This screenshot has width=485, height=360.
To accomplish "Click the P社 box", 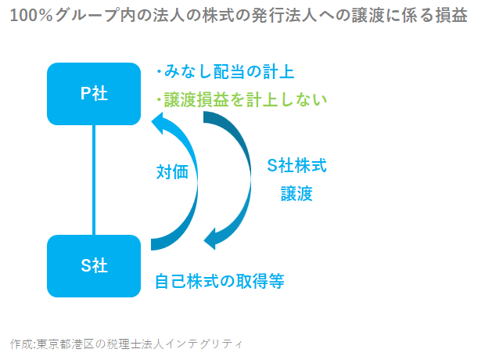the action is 94,94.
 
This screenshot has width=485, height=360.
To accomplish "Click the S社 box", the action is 94,266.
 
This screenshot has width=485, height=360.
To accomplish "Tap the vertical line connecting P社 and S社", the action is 94,180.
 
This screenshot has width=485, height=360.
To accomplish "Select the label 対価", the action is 172,172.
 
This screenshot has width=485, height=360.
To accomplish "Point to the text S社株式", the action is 296,165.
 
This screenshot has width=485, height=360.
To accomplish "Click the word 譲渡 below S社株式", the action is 296,194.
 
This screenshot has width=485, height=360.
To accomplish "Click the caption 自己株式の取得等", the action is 220,281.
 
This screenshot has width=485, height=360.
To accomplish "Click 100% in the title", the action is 31,15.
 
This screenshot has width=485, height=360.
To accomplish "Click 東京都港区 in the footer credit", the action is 65,344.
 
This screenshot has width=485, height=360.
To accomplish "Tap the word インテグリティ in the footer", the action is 203,344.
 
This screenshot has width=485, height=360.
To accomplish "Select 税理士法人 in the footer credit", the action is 135,344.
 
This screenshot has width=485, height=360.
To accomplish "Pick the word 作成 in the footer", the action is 22,344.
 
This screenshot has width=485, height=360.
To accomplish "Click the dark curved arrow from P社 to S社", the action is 250,179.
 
